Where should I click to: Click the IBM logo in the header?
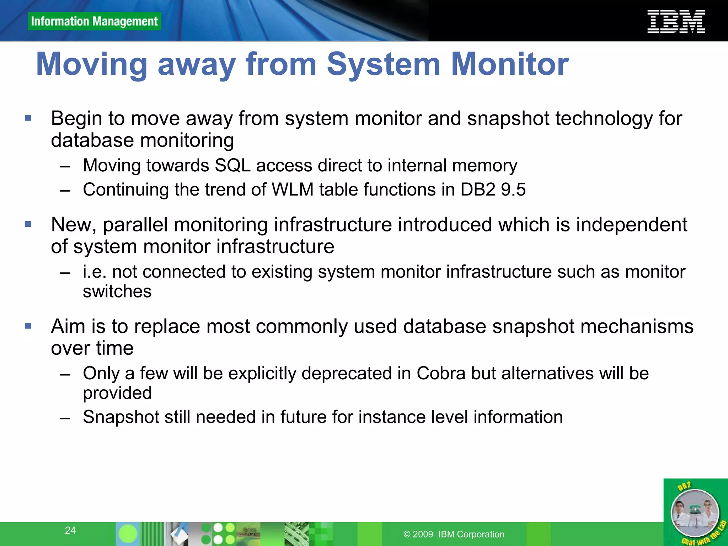tap(676, 22)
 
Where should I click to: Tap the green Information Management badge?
tap(94, 21)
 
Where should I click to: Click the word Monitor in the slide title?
tap(510, 64)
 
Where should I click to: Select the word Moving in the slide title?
tap(92, 64)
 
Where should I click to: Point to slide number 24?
tap(70, 530)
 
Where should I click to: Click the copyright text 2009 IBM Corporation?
tap(454, 534)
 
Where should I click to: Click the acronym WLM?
tap(293, 189)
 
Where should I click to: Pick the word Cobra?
tap(441, 374)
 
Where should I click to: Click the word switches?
tap(117, 291)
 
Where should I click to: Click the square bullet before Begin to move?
tap(28, 118)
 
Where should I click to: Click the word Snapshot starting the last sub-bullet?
tap(121, 417)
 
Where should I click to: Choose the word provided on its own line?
tap(117, 393)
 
